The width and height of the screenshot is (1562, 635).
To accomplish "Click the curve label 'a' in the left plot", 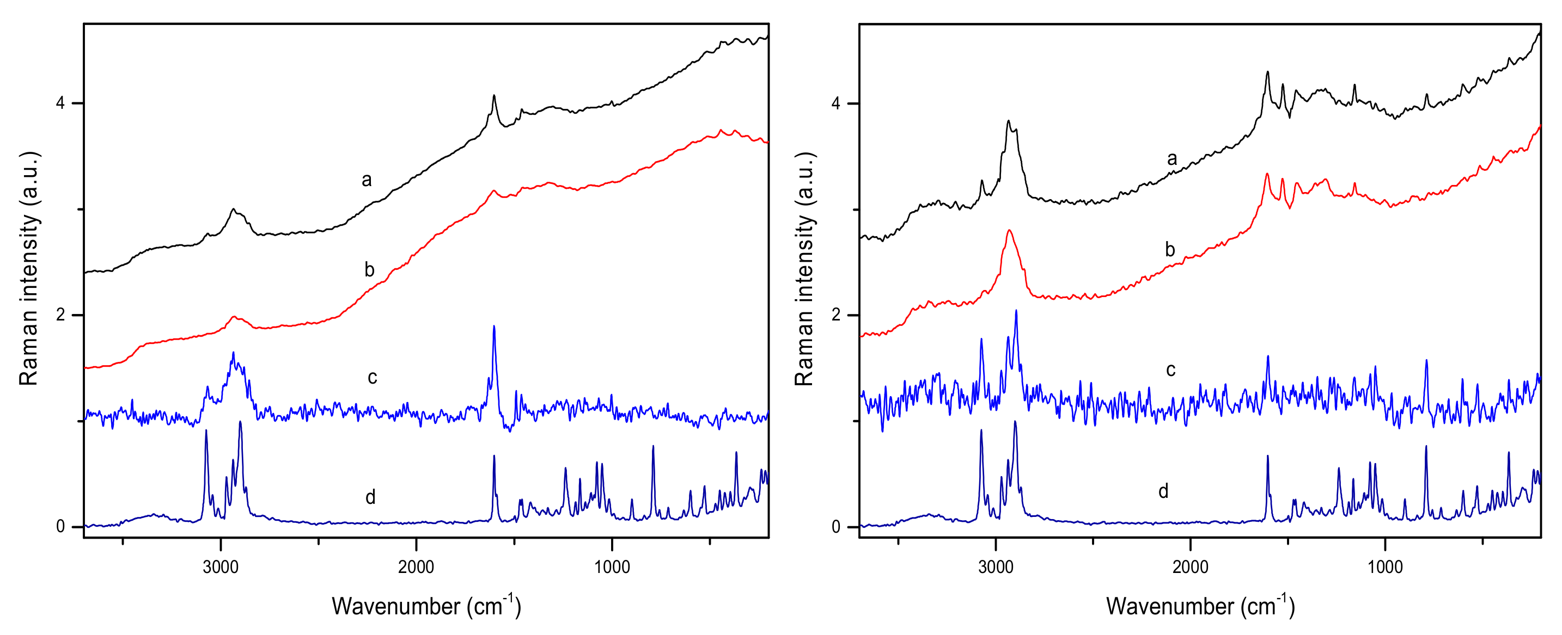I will (366, 180).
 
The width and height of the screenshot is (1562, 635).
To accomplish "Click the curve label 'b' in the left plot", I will (369, 270).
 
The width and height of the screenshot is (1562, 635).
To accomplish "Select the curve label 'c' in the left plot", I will (373, 378).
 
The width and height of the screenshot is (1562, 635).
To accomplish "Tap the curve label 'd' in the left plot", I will (370, 497).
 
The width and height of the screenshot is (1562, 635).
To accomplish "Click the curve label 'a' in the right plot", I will (1171, 159).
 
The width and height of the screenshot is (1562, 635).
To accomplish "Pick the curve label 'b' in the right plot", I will (1170, 250).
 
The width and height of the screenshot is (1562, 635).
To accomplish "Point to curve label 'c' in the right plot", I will (1170, 369).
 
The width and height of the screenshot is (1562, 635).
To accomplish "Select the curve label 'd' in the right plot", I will (1163, 491).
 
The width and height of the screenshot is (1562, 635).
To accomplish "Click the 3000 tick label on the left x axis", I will (221, 567).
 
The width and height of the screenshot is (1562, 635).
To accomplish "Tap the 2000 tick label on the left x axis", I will (416, 567).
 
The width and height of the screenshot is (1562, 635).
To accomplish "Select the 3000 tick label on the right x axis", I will (996, 567).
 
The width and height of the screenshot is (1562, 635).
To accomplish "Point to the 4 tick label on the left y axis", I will (60, 103).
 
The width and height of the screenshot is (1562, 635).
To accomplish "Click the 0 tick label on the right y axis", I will (835, 527).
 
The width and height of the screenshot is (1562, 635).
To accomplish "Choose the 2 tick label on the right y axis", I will (835, 315).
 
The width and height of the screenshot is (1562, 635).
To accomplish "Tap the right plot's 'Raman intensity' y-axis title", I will (804, 268).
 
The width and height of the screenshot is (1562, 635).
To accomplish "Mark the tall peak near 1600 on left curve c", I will (494, 327).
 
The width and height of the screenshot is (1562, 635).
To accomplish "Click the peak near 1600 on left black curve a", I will (494, 96).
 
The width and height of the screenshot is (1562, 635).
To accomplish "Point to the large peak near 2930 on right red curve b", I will (1009, 231).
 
